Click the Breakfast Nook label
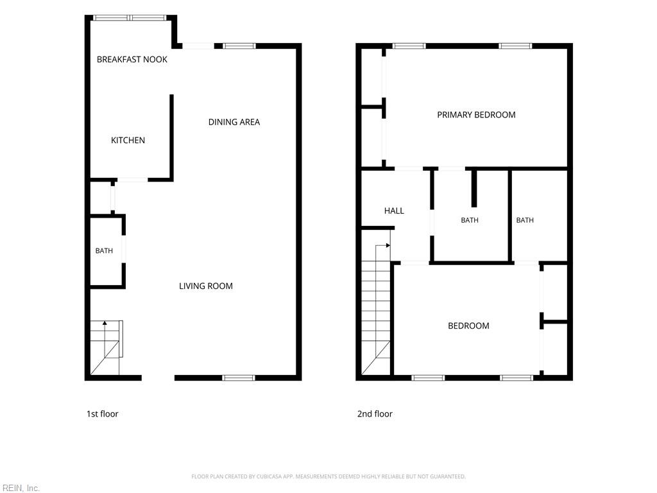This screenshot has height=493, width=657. (x=132, y=60)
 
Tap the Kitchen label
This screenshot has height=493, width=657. (x=128, y=141)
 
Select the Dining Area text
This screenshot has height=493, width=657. (x=234, y=122)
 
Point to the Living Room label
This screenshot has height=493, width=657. (x=206, y=286)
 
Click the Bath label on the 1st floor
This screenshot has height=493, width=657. (x=104, y=251)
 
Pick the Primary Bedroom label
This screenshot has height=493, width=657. (x=477, y=115)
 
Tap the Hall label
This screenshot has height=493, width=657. (x=395, y=211)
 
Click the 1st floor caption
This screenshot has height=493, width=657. (x=102, y=414)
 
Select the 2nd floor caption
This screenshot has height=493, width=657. (x=375, y=414)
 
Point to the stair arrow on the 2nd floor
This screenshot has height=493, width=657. (x=383, y=246)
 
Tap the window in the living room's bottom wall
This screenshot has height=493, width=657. (x=239, y=377)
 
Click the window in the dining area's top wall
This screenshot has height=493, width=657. (x=239, y=46)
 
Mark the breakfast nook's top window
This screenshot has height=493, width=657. (x=130, y=17)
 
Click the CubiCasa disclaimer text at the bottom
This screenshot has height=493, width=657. (x=328, y=476)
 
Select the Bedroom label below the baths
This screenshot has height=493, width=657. (x=468, y=325)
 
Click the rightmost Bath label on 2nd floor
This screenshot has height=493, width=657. (x=525, y=220)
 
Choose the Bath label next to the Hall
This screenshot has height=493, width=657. (x=470, y=220)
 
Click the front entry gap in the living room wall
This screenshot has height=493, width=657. (x=158, y=377)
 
